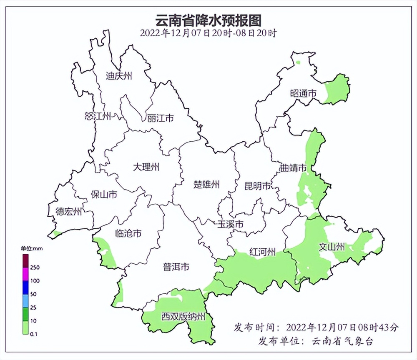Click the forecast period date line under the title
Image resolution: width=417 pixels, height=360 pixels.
(208, 33)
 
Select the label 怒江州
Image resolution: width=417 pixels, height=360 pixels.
(98, 116)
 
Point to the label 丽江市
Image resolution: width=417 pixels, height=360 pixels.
(160, 118)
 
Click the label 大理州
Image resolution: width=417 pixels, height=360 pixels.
(146, 167)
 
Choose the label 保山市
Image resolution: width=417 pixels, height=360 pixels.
(104, 194)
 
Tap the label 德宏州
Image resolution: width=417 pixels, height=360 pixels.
(69, 211)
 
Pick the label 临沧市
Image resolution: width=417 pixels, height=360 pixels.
(128, 233)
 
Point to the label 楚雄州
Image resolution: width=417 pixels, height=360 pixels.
(206, 184)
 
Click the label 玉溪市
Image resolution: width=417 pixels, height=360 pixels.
(230, 224)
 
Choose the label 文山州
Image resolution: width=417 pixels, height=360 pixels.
(332, 247)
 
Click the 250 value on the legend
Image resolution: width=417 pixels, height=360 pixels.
(35, 267)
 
